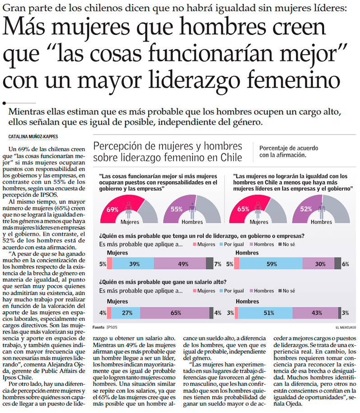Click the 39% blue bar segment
pos(134,264)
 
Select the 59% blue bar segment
pos(271,264)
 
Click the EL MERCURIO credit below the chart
pos(346,326)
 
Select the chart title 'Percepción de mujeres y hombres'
pos(167,146)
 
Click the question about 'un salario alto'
pos(163,282)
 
